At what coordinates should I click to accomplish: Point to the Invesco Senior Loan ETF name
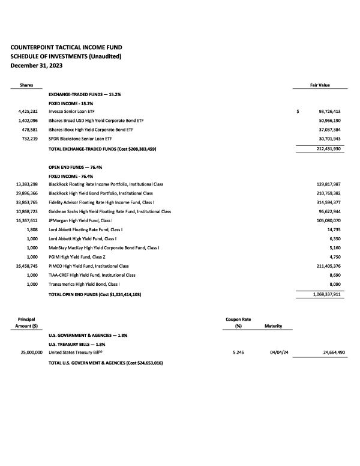click(x=71, y=112)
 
